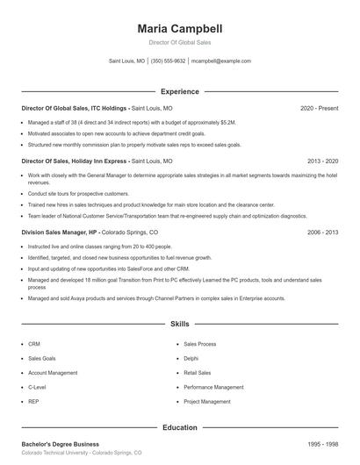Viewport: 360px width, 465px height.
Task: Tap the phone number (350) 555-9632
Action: [168, 61]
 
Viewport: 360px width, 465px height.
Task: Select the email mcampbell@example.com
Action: [221, 61]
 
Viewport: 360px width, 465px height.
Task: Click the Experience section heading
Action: [179, 91]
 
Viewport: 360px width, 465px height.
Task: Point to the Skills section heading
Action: [179, 324]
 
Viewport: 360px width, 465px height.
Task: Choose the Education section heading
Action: [179, 427]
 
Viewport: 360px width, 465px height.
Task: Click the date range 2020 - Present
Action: [320, 108]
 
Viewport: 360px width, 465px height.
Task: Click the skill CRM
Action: [34, 344]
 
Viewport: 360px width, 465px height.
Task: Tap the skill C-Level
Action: [37, 386]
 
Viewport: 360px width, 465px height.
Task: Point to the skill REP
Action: [33, 400]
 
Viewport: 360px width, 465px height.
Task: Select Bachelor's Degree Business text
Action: [60, 444]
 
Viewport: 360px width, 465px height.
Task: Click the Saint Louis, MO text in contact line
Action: [127, 61]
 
